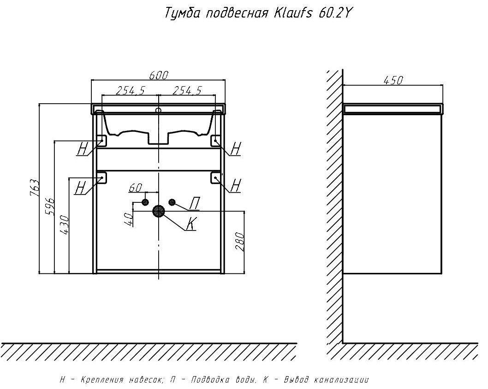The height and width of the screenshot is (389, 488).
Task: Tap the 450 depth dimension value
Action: pyautogui.click(x=393, y=80)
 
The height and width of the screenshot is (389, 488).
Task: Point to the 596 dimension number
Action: pyautogui.click(x=50, y=206)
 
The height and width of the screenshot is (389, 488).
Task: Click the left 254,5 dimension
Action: pyautogui.click(x=130, y=91)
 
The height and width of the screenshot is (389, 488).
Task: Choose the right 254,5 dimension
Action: pyautogui.click(x=187, y=91)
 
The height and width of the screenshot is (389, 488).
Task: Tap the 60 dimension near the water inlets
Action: pyautogui.click(x=135, y=188)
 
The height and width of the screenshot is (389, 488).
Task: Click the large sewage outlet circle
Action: pyautogui.click(x=159, y=211)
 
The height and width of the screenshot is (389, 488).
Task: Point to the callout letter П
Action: pyautogui.click(x=196, y=202)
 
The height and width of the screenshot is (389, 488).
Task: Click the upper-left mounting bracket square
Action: pyautogui.click(x=102, y=140)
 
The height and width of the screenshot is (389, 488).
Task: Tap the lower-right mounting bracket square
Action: pyautogui.click(x=216, y=177)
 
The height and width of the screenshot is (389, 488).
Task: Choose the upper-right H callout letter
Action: pyautogui.click(x=235, y=148)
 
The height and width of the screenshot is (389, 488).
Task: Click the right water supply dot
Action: pyautogui.click(x=173, y=202)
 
